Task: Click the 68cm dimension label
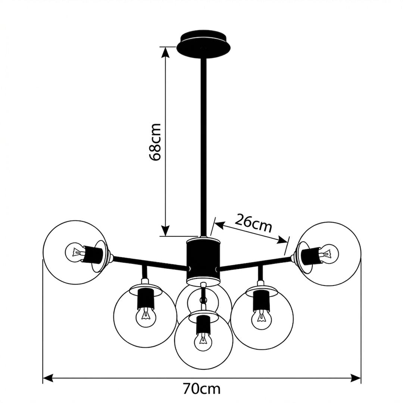(156, 142)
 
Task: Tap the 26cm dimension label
(253, 222)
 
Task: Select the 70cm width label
(201, 389)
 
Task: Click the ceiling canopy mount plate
(203, 44)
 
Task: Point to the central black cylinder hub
(203, 260)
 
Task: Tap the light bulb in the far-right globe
(328, 253)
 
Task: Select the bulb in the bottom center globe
(203, 341)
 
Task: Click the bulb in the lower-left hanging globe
(146, 317)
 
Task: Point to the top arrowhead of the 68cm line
(166, 52)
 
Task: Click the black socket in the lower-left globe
(146, 299)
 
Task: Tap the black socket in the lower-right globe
(261, 301)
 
